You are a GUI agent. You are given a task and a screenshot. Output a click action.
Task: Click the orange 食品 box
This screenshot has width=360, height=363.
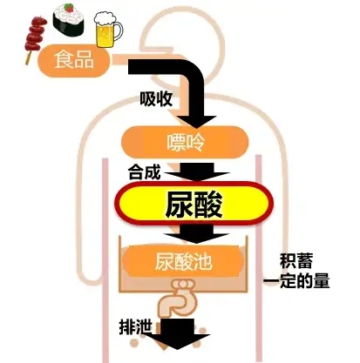tap(74, 60)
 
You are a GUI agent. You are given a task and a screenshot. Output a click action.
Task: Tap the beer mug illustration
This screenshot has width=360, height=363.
tap(108, 30)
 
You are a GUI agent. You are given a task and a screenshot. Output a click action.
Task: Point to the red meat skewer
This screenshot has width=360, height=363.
tap(35, 38)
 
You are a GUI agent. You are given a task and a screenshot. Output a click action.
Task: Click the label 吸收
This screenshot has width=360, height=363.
tap(156, 99)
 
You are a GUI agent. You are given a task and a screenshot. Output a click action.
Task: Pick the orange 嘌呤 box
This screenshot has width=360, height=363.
tap(185, 142)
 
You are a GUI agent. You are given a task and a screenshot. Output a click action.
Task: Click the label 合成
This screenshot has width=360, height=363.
tap(144, 172)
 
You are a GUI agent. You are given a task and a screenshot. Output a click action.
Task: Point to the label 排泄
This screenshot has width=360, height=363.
tap(136, 327)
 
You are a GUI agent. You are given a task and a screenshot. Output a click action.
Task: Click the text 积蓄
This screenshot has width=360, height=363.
tap(296, 261)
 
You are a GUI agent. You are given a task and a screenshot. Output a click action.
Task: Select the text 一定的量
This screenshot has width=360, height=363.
tap(296, 281)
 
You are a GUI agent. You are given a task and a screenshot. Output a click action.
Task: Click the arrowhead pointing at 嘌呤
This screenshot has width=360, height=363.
tap(196, 121)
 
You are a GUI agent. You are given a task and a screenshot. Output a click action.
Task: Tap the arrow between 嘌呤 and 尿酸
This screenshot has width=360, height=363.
tap(198, 171)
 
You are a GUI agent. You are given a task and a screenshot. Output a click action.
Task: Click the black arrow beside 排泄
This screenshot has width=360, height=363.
tap(178, 333)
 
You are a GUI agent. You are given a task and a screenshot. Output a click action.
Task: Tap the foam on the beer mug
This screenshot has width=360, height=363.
tap(105, 19)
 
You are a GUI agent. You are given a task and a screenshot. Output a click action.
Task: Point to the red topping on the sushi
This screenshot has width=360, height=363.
tap(69, 8)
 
